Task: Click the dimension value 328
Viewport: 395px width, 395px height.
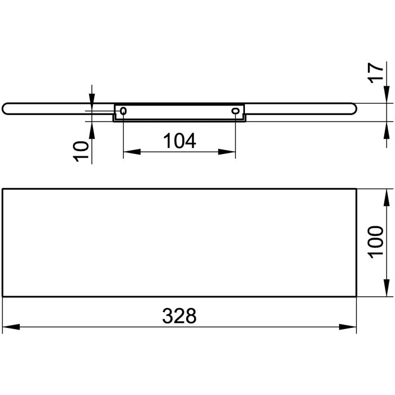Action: [180, 315]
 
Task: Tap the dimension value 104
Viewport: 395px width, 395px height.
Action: [179, 141]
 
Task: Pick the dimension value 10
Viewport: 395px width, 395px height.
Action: [82, 151]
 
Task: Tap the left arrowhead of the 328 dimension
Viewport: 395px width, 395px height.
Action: [11, 327]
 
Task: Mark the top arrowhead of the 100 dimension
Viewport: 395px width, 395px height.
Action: [386, 197]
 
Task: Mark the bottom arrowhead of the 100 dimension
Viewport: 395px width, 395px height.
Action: [386, 288]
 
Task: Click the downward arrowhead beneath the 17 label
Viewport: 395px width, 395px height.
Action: [386, 95]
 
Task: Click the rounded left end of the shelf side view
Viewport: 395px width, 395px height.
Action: [6, 108]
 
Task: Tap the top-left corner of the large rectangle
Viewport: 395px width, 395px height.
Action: [3, 189]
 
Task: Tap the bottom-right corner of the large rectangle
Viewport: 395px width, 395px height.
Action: [356, 296]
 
